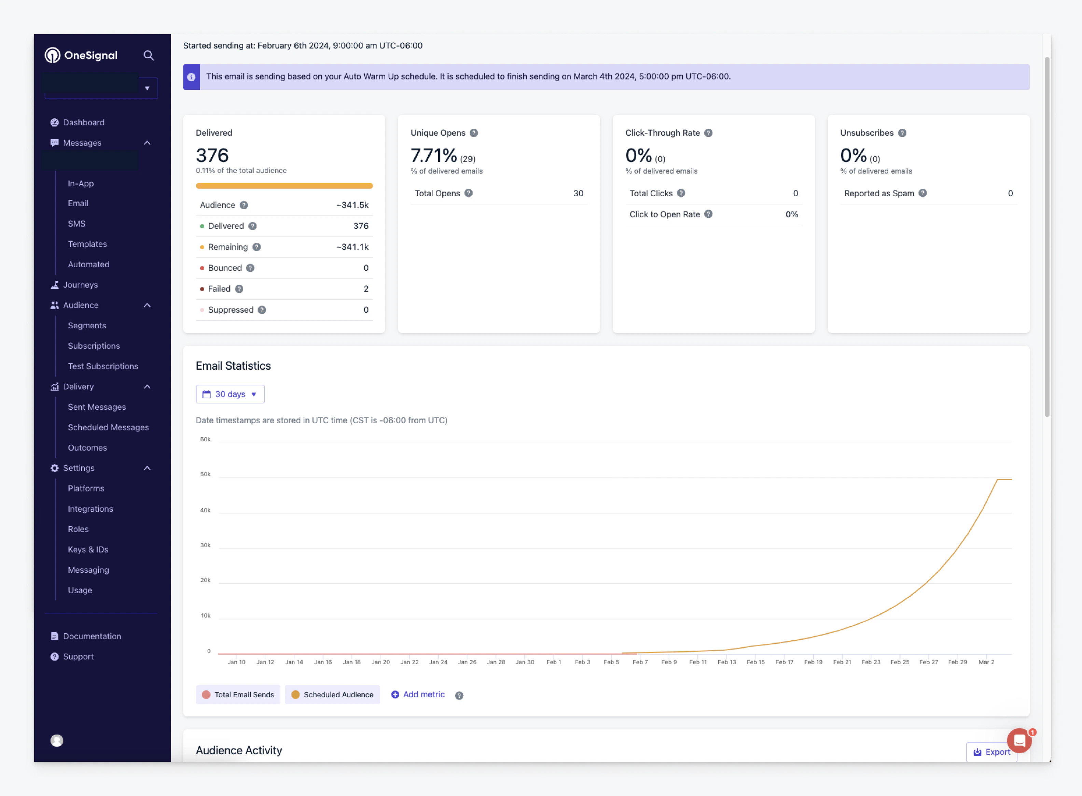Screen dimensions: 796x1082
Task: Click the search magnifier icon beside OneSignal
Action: [149, 55]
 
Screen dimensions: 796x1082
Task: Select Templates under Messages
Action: [87, 244]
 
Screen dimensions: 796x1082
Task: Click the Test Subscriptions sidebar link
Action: [103, 366]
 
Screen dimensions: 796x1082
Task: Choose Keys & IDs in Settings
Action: [88, 549]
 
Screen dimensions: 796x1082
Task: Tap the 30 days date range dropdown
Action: [230, 394]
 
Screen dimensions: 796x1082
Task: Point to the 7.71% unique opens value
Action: [433, 156]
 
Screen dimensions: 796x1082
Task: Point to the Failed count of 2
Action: [366, 289]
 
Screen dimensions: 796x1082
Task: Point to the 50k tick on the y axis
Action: [205, 474]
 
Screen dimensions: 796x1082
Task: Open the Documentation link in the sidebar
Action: [92, 636]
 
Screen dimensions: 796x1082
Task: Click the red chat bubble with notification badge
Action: [1019, 740]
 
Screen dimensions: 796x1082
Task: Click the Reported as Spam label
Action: [879, 193]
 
